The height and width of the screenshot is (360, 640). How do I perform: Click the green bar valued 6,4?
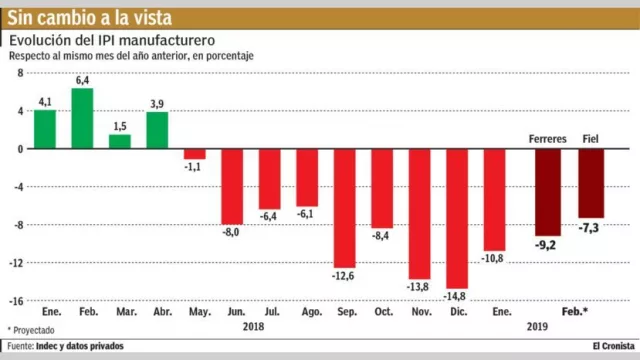click(82, 118)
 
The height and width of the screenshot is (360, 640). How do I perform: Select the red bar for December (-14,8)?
click(456, 218)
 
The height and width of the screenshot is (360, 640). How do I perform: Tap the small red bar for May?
click(194, 153)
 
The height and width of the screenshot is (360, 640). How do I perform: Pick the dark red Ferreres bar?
click(547, 191)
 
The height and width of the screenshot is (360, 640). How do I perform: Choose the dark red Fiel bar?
click(591, 182)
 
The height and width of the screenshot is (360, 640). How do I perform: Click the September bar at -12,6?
click(344, 208)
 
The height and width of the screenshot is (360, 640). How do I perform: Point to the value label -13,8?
click(419, 288)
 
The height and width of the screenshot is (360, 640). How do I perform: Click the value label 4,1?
click(45, 102)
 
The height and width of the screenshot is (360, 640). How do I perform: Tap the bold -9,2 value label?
click(547, 243)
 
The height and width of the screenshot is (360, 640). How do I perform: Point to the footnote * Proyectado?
click(32, 328)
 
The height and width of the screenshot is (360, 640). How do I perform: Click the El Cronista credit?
click(607, 346)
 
